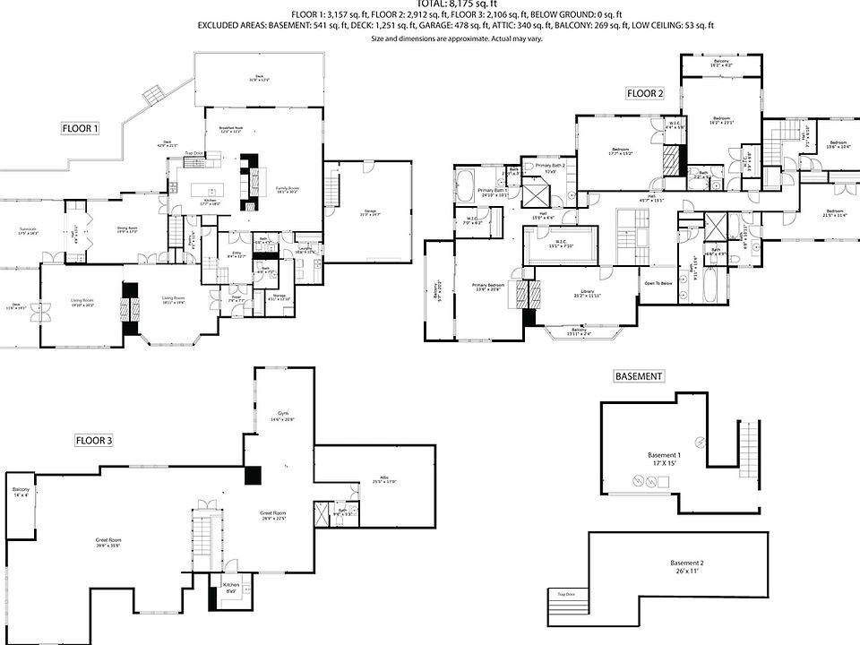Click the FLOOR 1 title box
click(x=80, y=129)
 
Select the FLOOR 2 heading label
click(x=645, y=93)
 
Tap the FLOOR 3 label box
click(x=93, y=440)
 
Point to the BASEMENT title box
click(x=638, y=376)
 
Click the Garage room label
click(x=370, y=213)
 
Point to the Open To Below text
click(x=658, y=283)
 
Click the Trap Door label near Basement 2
click(x=565, y=594)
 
